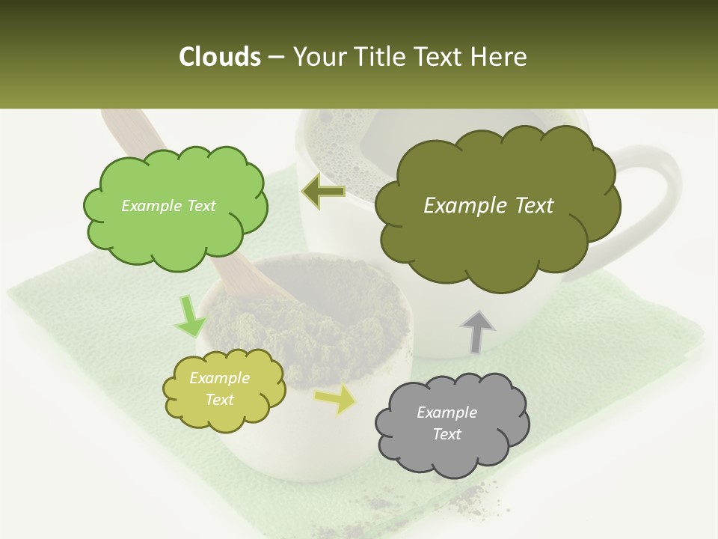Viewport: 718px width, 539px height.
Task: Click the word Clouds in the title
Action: point(219,57)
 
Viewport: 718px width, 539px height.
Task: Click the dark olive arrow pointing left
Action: point(323,192)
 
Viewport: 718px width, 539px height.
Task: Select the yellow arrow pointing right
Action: point(336,399)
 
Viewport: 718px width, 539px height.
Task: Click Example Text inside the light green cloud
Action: point(168,206)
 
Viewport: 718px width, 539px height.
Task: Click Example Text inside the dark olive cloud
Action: point(488,206)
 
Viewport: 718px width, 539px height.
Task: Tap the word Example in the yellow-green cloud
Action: point(219,378)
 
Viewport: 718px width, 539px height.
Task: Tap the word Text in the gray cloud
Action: point(447,434)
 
